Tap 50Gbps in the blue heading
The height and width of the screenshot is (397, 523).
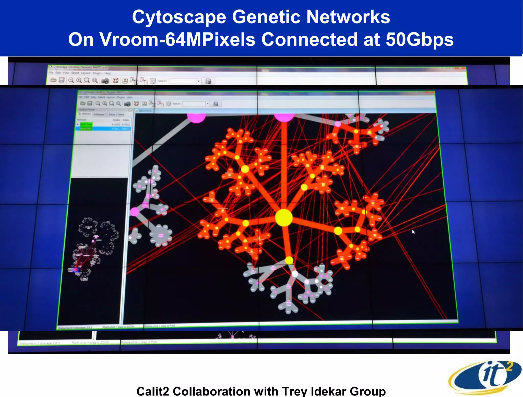click(x=420, y=40)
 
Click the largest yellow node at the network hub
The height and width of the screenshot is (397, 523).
click(x=284, y=218)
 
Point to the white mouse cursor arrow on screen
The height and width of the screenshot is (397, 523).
click(x=413, y=231)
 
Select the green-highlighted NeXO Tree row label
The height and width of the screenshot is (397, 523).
click(x=86, y=124)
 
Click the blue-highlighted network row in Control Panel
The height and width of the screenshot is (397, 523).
click(x=103, y=129)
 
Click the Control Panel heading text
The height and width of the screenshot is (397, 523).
click(x=86, y=109)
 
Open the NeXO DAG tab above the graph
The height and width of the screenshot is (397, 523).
click(x=145, y=111)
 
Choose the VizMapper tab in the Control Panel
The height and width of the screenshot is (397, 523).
click(x=100, y=114)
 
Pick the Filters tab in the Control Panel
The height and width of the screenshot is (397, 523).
click(x=121, y=114)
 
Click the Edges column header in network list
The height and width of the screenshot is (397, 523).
click(x=126, y=120)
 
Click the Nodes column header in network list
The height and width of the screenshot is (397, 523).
click(x=116, y=120)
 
